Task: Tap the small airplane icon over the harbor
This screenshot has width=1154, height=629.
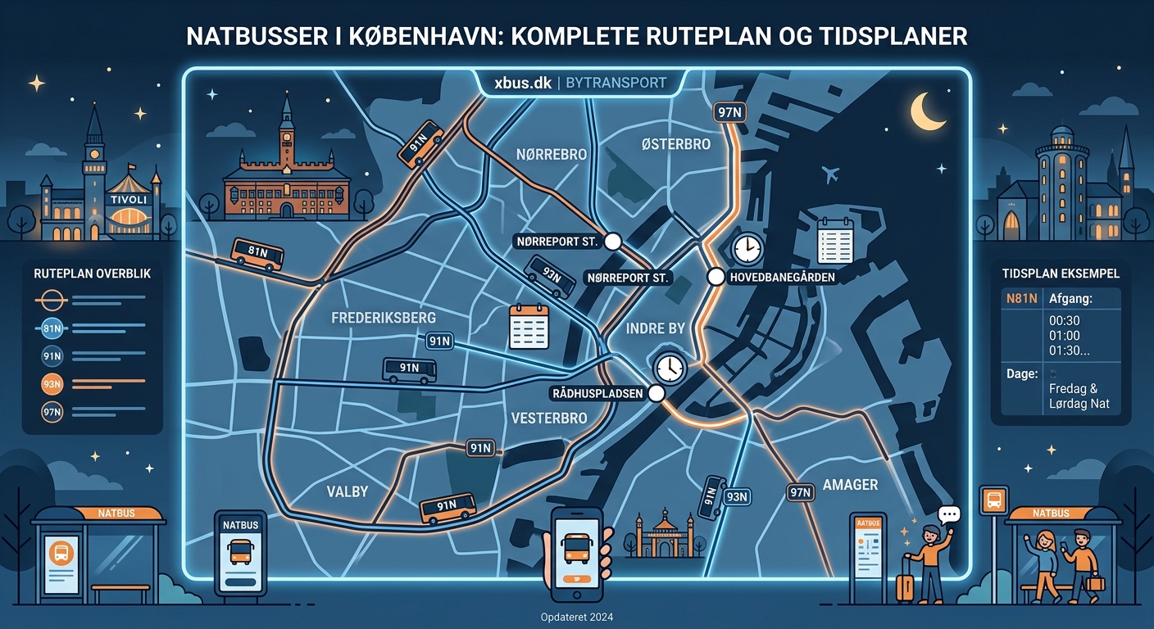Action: pos(829,174)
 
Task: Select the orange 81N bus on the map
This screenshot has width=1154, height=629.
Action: pos(257,254)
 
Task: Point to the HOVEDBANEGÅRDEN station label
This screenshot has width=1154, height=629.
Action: pos(782,278)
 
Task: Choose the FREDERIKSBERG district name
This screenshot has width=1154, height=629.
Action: pos(383,317)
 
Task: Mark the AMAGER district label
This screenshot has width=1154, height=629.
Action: pos(850,484)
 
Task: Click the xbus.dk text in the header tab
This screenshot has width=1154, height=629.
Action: pos(522,83)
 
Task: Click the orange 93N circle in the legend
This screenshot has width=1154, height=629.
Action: pos(51,382)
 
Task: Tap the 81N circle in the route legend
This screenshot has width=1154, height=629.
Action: pos(51,329)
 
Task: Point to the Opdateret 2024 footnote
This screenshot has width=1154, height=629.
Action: pos(577,618)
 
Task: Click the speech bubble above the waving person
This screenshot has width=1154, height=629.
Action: pos(949,515)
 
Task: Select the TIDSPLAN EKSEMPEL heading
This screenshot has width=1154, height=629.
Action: pos(1061,273)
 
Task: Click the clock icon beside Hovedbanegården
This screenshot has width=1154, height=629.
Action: pos(747,248)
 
